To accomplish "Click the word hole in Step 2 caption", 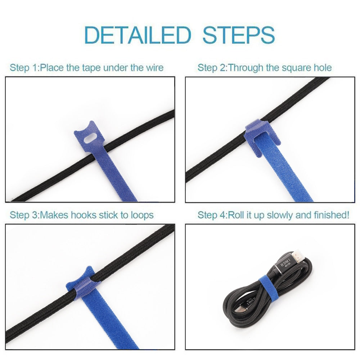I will click(322, 67).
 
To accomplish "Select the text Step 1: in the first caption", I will click(24, 67).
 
